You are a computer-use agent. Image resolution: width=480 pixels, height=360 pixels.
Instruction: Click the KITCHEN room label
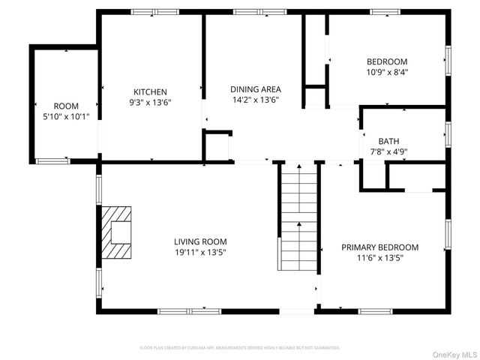point(150,92)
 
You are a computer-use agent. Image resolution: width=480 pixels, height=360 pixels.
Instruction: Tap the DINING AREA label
point(254,89)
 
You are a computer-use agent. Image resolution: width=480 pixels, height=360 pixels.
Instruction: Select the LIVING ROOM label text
point(200,241)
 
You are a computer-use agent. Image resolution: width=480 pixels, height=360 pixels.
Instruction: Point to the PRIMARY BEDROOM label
point(379,247)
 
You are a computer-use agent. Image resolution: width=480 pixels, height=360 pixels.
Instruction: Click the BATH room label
point(388,141)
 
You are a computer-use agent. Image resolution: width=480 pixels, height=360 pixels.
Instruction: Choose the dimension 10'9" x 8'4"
point(386,72)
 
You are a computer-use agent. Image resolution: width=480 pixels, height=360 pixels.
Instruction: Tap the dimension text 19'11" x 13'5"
point(200,252)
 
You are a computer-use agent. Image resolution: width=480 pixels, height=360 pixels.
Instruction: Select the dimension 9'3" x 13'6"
point(150,103)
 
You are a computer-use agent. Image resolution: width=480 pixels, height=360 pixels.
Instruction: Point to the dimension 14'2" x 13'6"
point(254,100)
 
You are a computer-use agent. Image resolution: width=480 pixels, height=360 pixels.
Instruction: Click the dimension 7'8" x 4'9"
point(388,151)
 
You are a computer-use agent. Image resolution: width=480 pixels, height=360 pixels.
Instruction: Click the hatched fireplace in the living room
point(116,232)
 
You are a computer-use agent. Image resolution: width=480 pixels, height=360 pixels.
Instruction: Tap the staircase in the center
point(298,217)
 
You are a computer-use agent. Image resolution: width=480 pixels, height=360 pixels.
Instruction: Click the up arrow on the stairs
point(298,224)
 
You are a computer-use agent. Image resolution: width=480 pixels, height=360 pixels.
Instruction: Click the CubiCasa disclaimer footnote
point(240,348)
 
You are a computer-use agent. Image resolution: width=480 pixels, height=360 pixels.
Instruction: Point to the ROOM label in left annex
point(66,106)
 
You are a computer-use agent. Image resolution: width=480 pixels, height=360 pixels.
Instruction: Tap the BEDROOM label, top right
point(386,61)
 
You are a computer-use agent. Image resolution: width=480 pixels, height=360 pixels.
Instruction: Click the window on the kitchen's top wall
point(155,12)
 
